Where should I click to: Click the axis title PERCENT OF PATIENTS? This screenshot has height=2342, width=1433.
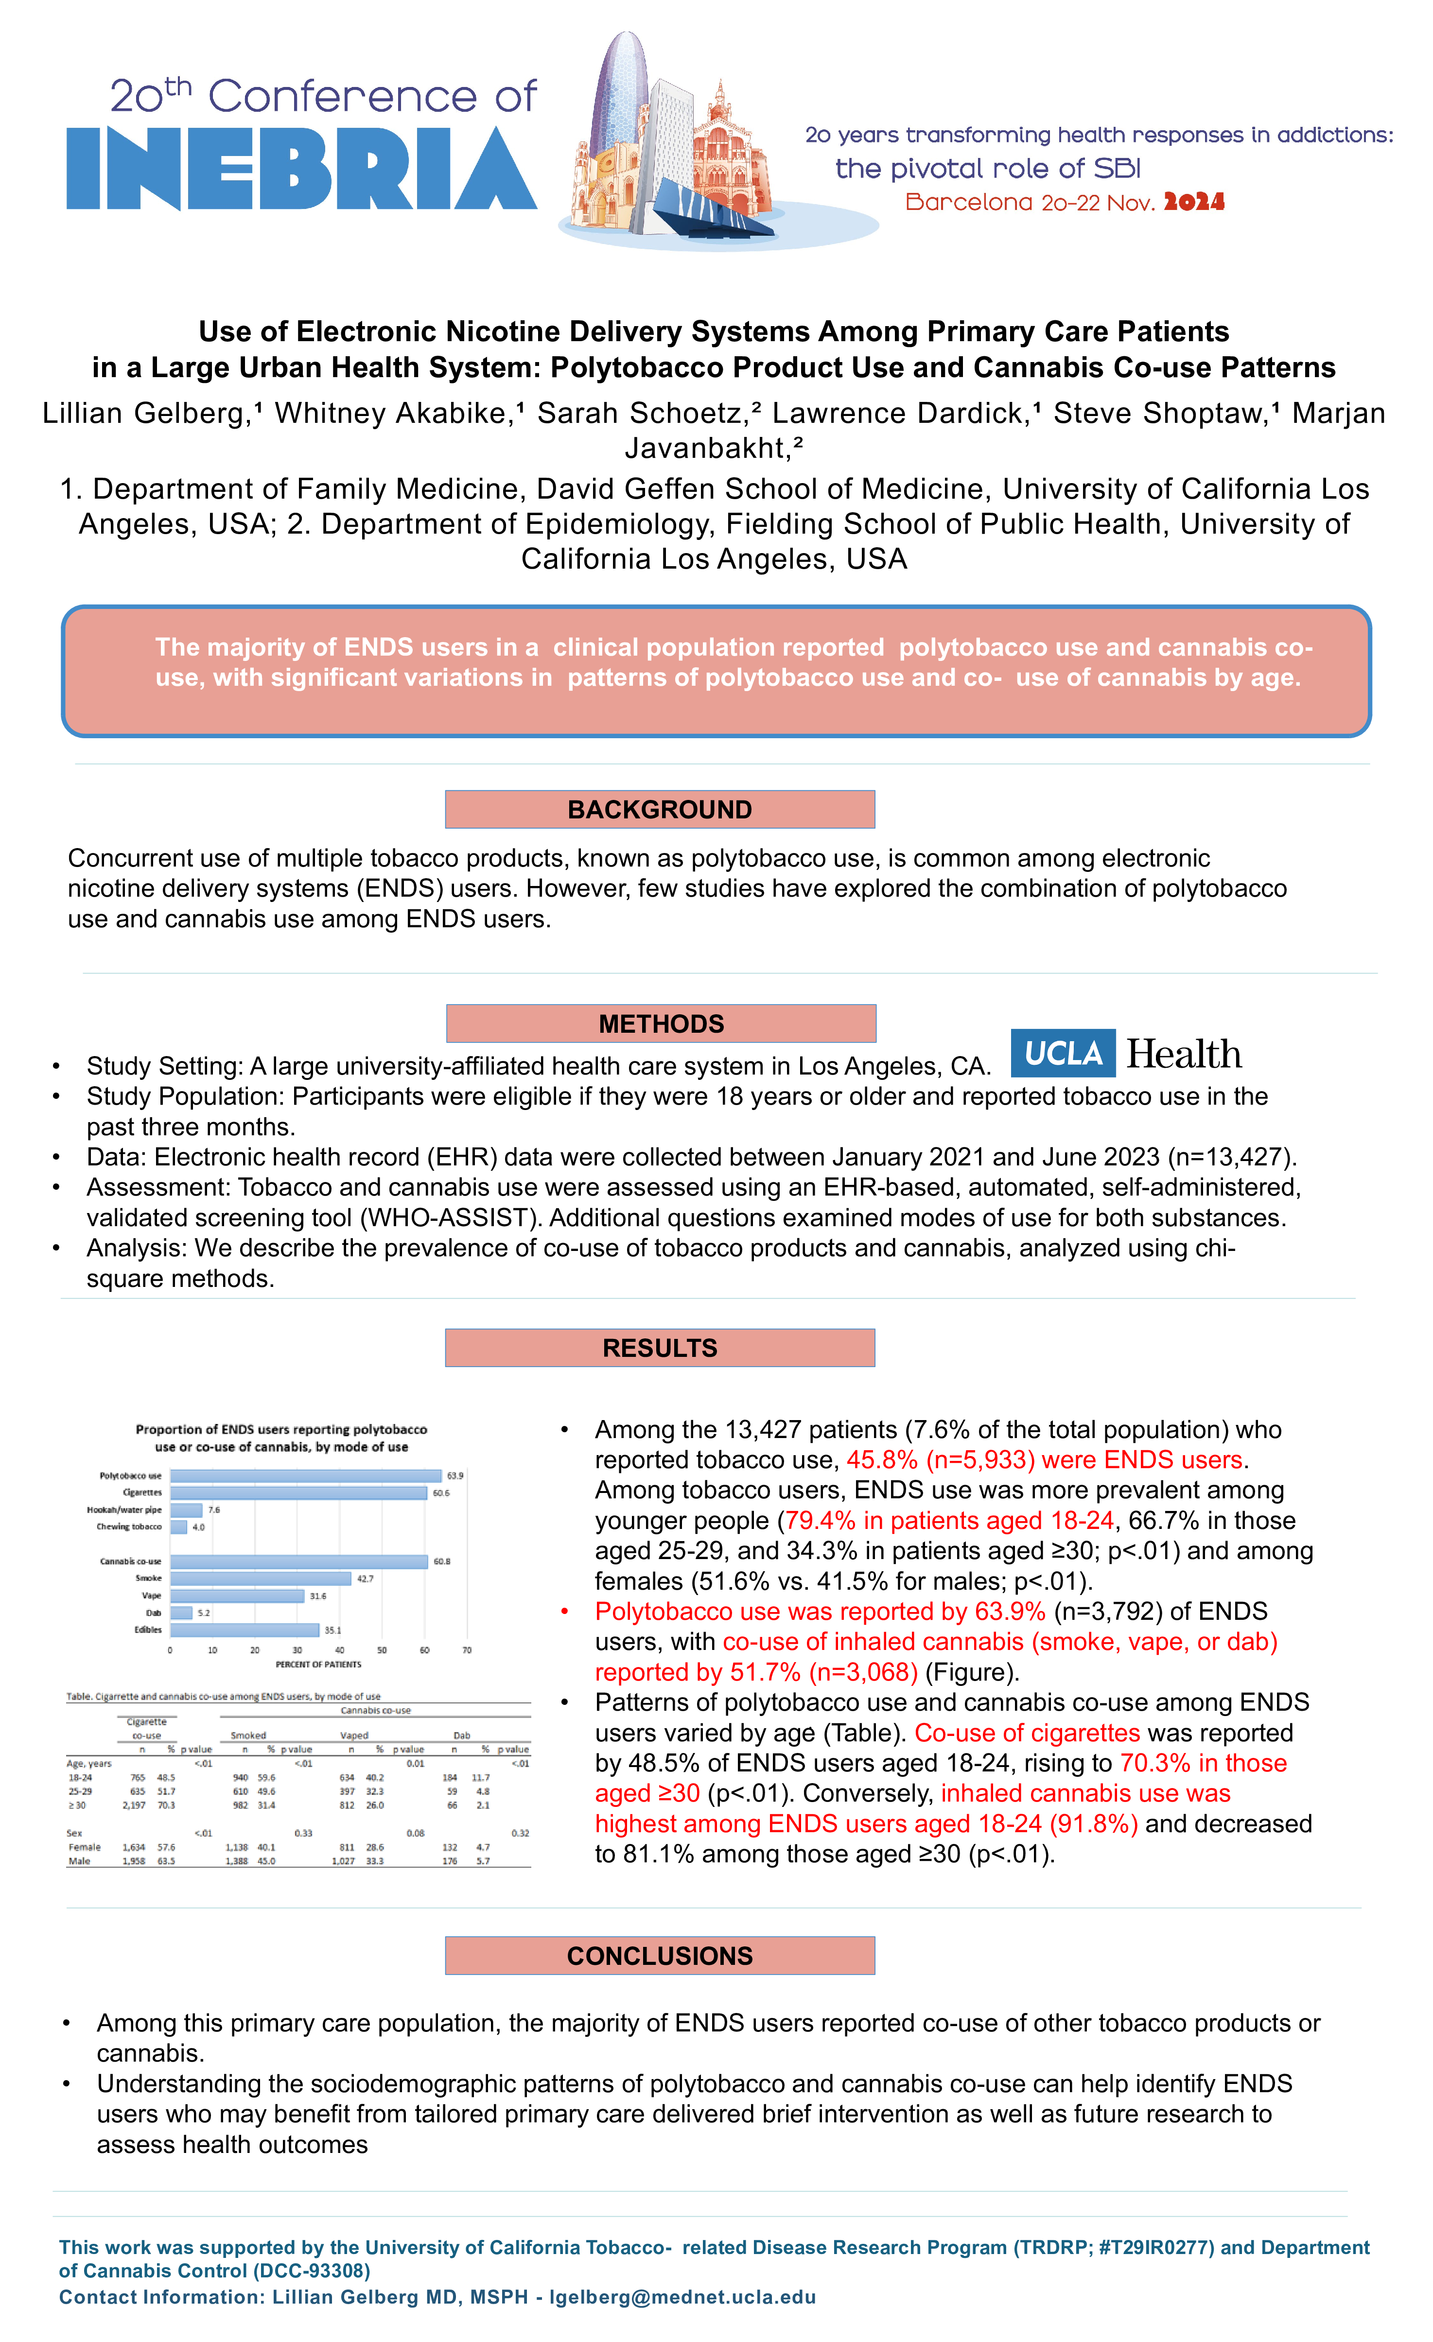318,1665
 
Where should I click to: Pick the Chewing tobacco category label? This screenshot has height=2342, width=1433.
129,1527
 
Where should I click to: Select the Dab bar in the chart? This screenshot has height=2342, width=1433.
182,1613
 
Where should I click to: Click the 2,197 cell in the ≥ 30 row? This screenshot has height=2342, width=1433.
134,1805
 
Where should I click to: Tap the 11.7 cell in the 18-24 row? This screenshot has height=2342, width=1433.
481,1777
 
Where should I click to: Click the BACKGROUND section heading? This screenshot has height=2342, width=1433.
660,810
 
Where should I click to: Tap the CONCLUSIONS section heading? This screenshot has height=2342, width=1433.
660,1956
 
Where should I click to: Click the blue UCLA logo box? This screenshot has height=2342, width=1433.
1062,1053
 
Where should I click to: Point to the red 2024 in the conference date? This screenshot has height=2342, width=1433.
1194,203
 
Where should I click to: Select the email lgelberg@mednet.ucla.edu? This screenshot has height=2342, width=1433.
683,2297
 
